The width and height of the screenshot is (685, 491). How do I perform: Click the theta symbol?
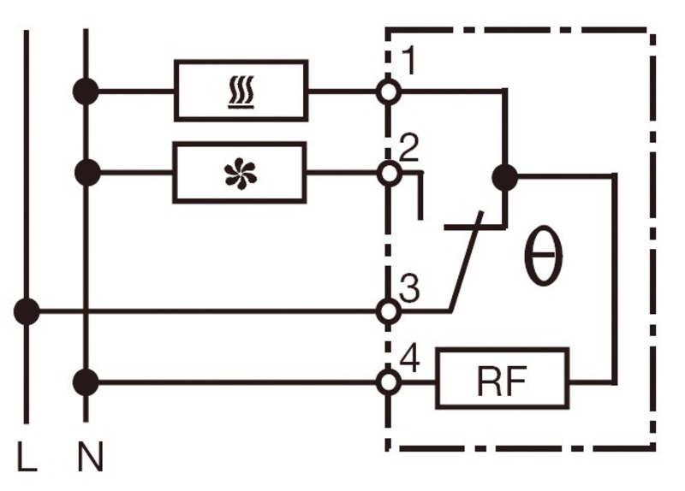point(543,257)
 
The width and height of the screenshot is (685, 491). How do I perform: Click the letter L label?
point(27,456)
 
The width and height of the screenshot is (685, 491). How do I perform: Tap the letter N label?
point(91,456)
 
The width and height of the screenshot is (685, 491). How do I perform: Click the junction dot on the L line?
point(27,311)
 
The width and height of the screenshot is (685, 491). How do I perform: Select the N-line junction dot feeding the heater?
point(86,92)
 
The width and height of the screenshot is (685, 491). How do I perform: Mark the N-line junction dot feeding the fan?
point(87,173)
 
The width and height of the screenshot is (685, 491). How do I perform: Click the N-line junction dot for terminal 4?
point(86,382)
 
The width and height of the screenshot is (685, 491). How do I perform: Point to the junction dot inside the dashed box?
point(504,178)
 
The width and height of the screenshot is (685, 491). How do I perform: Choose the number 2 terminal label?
point(409,148)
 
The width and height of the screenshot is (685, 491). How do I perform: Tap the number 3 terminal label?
point(410,288)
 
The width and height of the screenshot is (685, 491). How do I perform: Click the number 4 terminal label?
point(410,358)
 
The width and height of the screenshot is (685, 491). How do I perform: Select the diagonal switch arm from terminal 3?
point(466,262)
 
